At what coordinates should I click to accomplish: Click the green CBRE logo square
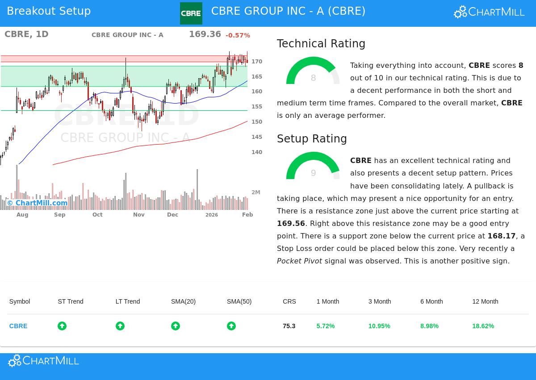click(x=191, y=13)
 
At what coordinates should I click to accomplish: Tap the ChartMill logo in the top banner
click(x=489, y=12)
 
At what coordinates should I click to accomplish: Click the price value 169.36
click(x=205, y=34)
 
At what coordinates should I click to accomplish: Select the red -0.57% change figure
click(x=238, y=35)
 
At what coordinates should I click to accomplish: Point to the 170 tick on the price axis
click(x=257, y=62)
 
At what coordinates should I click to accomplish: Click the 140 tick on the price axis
click(x=257, y=152)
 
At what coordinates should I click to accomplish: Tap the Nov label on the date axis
click(x=139, y=215)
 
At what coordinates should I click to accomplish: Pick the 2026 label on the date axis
click(x=212, y=215)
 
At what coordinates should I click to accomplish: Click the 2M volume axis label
click(x=256, y=192)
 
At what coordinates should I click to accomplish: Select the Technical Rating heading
click(x=321, y=44)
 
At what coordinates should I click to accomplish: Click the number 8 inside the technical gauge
click(x=313, y=78)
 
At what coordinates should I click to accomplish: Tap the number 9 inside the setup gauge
click(x=313, y=173)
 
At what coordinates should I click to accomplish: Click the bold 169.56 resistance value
click(x=291, y=223)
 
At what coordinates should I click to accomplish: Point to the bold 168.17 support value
click(x=501, y=236)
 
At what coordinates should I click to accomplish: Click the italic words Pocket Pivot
click(x=299, y=261)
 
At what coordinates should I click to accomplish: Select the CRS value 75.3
click(x=289, y=326)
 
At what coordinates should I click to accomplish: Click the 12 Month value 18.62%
click(x=483, y=326)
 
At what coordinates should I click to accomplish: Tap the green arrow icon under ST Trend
click(x=62, y=326)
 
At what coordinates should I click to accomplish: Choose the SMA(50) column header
click(x=239, y=301)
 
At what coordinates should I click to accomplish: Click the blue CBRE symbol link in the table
click(x=18, y=326)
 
